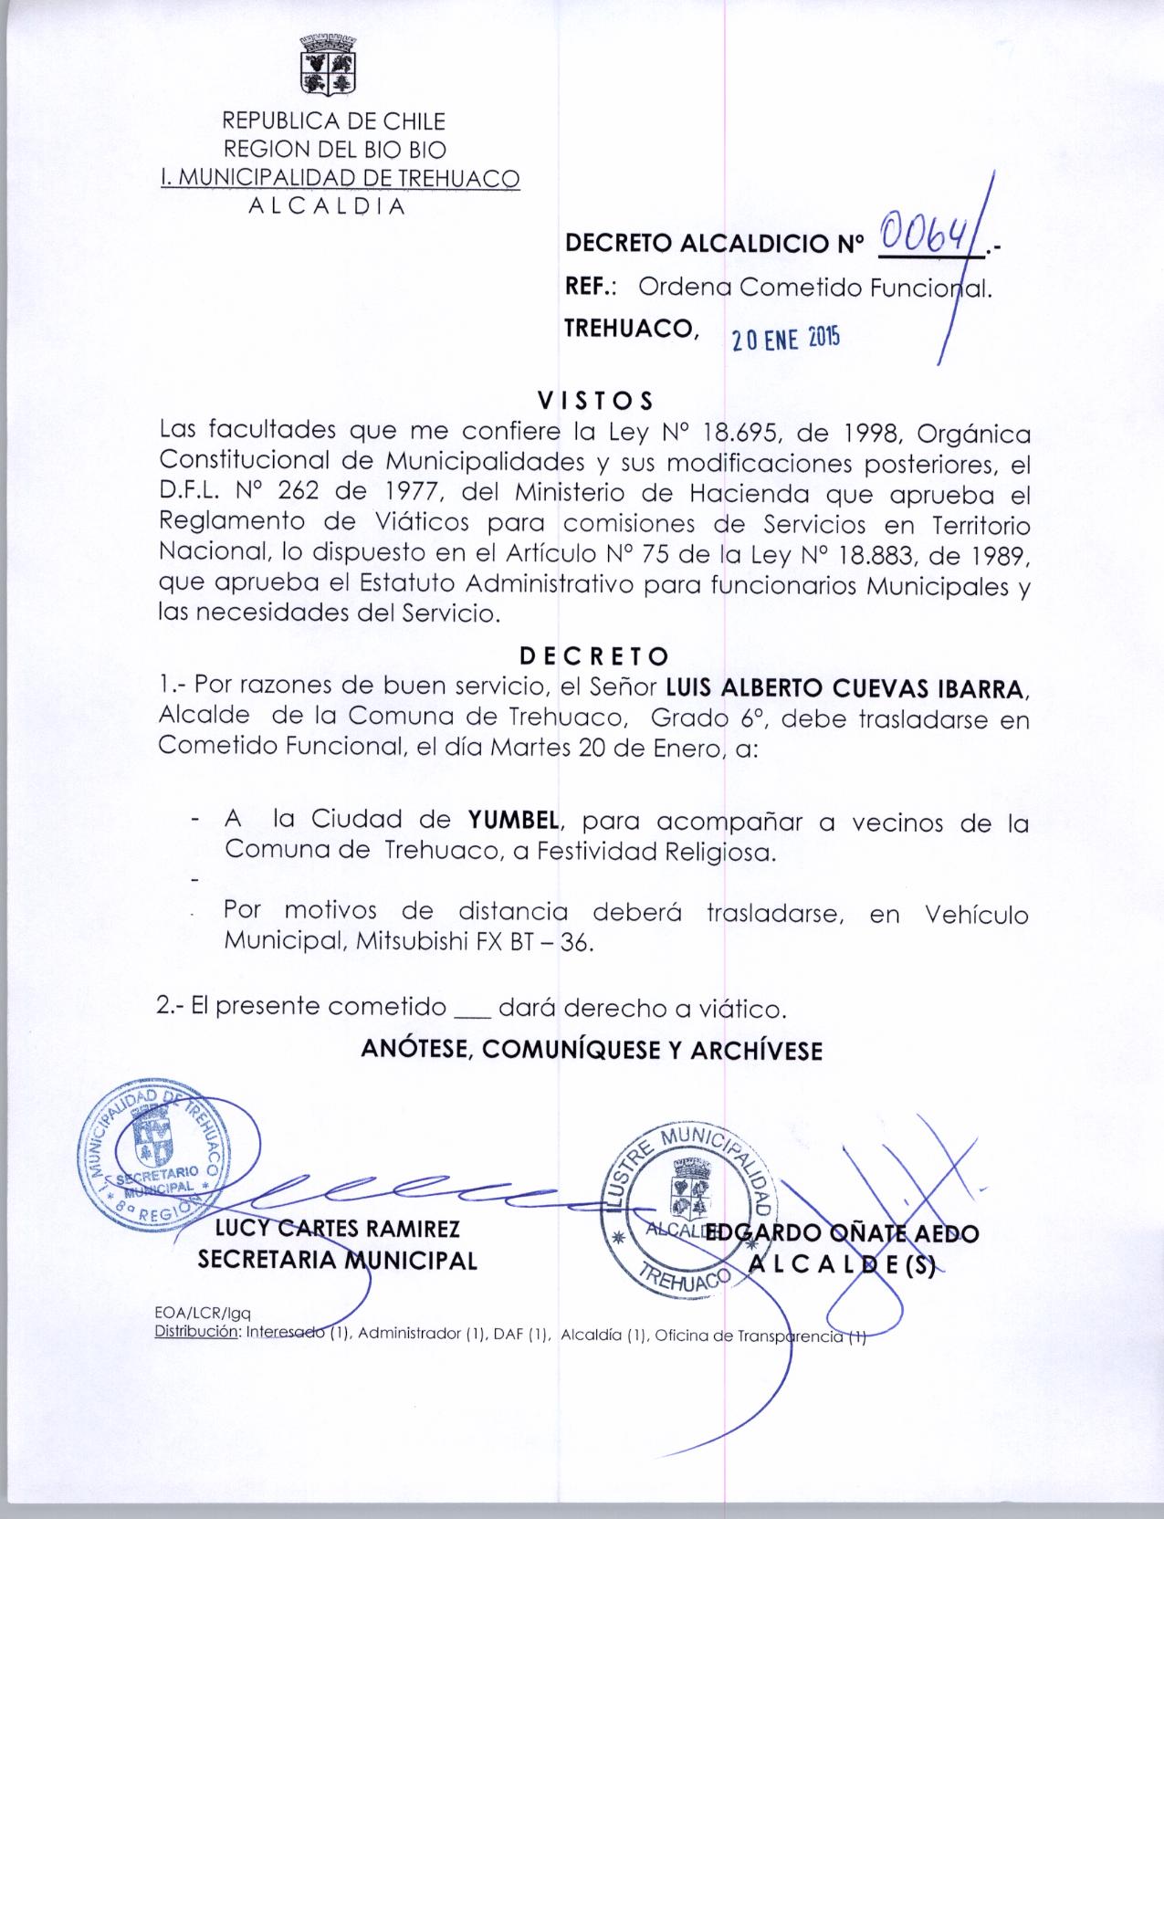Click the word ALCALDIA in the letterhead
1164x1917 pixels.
pos(327,206)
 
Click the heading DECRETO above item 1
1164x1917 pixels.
pos(594,656)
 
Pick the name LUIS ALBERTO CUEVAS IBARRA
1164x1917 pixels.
pos(849,687)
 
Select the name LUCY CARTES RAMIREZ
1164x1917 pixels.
pos(337,1231)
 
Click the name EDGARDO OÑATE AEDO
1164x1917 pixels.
pos(842,1234)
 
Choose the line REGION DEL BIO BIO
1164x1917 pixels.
pos(335,149)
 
